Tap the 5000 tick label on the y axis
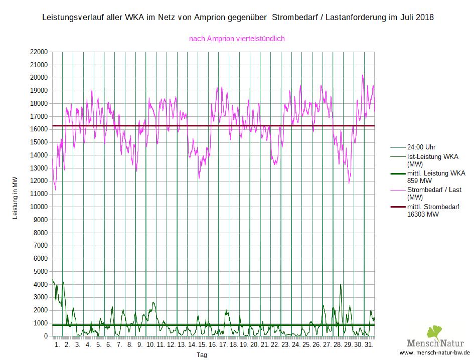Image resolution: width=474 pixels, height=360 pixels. pyautogui.click(x=39, y=272)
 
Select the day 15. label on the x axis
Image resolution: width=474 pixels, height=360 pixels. pyautogui.click(x=202, y=345)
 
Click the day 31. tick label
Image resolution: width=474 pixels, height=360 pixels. pyautogui.click(x=368, y=345)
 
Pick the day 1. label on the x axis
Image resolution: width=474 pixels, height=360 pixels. pyautogui.click(x=57, y=345)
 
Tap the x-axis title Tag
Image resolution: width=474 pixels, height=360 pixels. pyautogui.click(x=202, y=354)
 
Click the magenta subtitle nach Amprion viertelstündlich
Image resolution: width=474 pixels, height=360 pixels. pyautogui.click(x=237, y=39)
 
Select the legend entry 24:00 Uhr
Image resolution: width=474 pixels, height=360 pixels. pyautogui.click(x=421, y=147)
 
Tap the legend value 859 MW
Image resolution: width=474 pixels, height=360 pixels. pyautogui.click(x=419, y=181)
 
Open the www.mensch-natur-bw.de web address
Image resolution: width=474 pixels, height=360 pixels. pyautogui.click(x=434, y=353)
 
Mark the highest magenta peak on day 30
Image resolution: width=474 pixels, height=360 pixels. pyautogui.click(x=363, y=76)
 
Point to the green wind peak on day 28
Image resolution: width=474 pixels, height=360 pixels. pyautogui.click(x=341, y=285)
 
